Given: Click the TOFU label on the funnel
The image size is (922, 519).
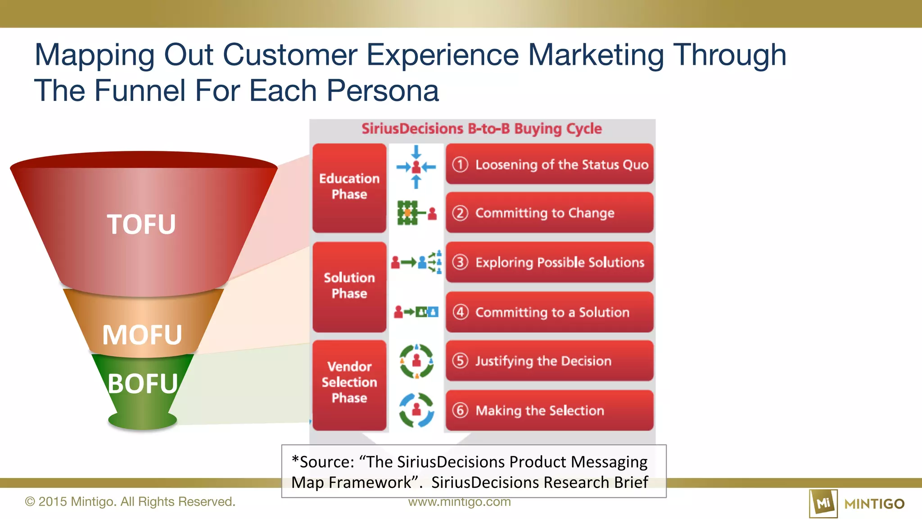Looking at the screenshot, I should point(141,224).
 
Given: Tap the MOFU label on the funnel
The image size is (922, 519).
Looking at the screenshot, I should point(142,335).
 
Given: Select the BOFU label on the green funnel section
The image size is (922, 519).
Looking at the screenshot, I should point(143,384).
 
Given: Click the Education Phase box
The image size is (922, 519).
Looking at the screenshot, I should point(349,187).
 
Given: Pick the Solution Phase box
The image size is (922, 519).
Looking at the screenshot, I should point(349,286).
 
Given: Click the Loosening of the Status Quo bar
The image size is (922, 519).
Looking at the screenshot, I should point(549,164).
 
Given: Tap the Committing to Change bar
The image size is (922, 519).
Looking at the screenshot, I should point(549,213).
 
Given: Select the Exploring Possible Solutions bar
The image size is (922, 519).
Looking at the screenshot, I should point(549,262).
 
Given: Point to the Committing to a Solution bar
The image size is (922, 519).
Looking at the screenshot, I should point(549,312).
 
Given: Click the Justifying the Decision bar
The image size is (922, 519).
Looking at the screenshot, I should point(549,361).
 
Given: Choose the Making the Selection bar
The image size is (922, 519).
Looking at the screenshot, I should point(549,410).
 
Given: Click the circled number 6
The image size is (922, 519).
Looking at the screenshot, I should point(460,410).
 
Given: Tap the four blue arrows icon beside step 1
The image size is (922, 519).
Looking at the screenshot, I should point(416,167).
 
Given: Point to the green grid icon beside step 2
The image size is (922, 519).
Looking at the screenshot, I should point(407,213).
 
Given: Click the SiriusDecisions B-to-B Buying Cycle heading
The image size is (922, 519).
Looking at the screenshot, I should point(482,129).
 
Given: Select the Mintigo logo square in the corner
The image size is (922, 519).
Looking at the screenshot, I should point(823,504).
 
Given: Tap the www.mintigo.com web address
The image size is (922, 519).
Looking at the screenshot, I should point(459,502).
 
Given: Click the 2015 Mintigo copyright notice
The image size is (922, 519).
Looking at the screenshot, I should point(130,502).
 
